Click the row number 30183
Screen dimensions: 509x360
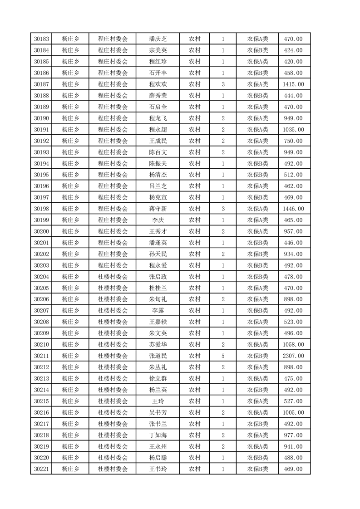[42, 39]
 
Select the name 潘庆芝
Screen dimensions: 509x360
[158, 39]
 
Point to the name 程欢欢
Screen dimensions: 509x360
[158, 84]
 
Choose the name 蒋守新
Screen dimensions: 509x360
[158, 209]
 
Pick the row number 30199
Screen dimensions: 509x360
[42, 220]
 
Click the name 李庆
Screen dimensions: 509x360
[158, 220]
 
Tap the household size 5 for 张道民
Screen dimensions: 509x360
[223, 356]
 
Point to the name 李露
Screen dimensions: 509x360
[158, 311]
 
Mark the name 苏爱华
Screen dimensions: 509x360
[158, 344]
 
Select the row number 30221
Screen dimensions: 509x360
[42, 469]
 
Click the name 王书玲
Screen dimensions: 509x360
[158, 469]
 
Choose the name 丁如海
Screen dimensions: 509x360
[158, 435]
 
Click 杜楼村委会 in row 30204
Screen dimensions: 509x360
[113, 277]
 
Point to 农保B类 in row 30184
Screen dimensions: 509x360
[257, 50]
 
